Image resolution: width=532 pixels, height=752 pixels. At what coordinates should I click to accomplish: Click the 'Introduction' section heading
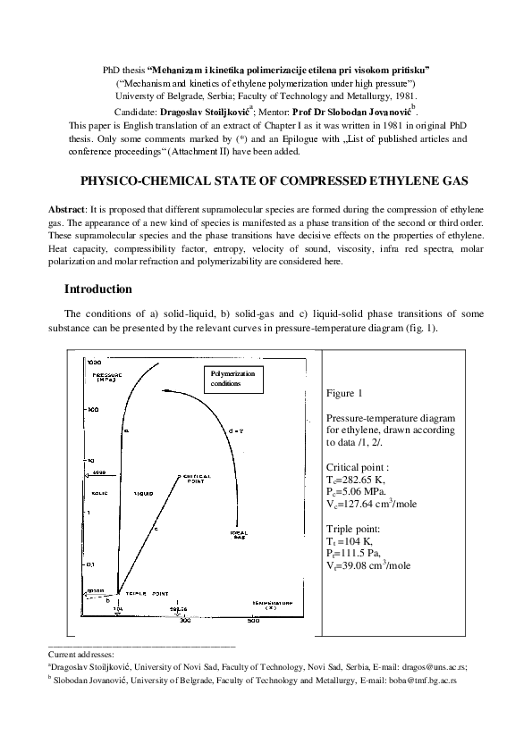coord(98,289)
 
